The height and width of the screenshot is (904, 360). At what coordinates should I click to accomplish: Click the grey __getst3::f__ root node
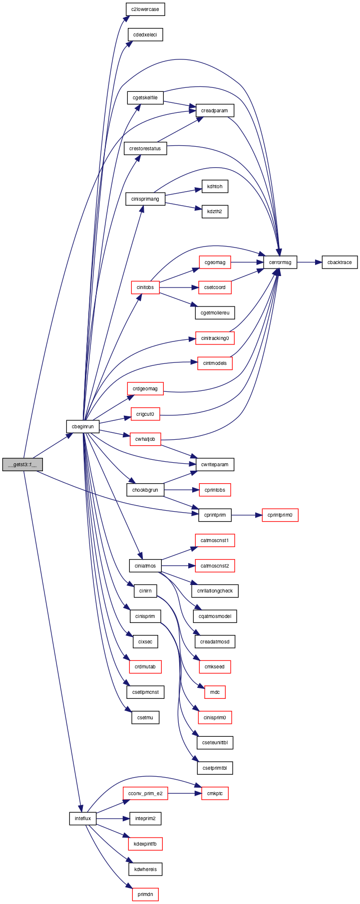[22, 464]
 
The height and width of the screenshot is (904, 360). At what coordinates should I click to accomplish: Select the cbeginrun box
[83, 427]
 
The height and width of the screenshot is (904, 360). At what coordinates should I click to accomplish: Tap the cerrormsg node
[280, 262]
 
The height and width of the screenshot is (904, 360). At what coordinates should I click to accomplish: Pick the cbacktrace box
[340, 262]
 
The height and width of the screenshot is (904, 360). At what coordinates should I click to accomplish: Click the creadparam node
[215, 110]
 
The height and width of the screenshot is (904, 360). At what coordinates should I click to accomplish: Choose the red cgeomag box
[215, 262]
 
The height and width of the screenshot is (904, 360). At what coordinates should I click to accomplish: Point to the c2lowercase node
[145, 9]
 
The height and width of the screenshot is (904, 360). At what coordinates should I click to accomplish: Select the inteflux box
[83, 819]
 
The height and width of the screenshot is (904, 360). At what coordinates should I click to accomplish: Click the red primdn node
[145, 895]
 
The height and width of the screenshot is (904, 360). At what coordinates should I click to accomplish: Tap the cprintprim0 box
[280, 515]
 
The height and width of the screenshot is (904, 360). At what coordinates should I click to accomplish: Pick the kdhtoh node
[215, 186]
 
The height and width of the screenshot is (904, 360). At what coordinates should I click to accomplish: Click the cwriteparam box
[215, 464]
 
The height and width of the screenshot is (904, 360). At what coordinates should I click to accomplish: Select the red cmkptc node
[215, 793]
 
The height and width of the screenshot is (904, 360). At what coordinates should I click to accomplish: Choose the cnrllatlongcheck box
[215, 591]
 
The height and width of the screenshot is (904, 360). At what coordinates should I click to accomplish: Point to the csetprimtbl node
[215, 768]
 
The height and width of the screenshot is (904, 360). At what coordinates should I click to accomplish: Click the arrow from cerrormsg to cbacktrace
[309, 262]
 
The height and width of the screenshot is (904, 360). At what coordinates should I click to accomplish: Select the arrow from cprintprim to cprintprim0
[247, 515]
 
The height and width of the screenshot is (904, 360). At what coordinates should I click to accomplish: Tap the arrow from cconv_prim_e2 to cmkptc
[185, 793]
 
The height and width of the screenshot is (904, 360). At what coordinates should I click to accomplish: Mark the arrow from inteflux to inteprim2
[113, 819]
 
